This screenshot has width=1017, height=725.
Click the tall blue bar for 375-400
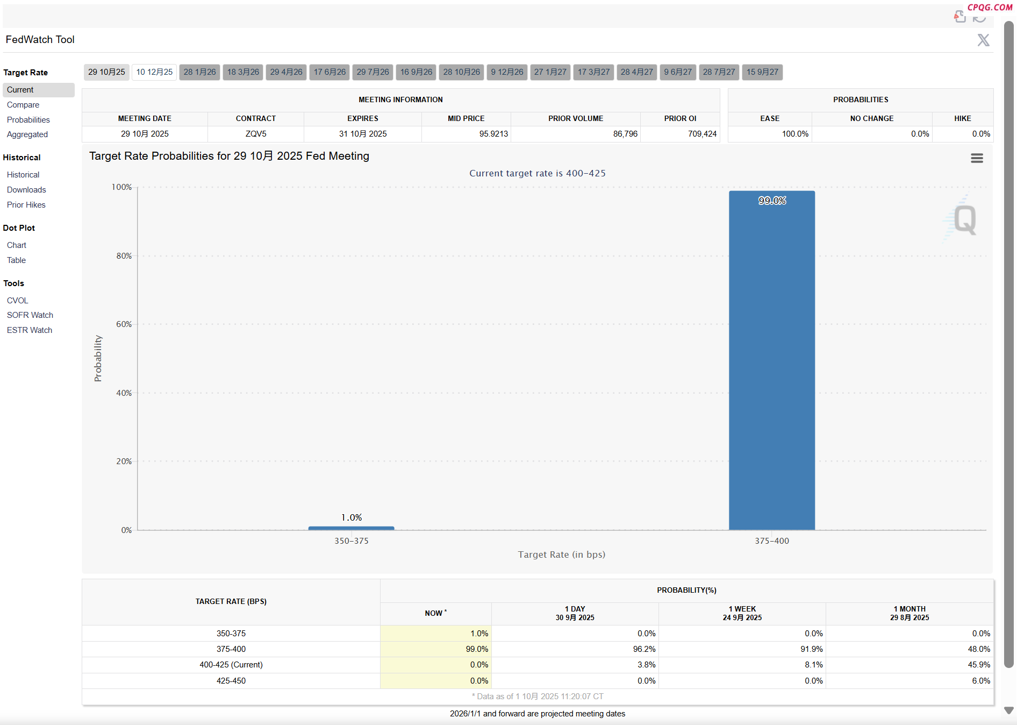tap(771, 360)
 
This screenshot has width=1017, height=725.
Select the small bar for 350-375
tap(351, 528)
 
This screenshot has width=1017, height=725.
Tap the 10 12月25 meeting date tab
tap(154, 72)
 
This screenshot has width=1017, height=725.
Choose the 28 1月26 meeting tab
tap(199, 72)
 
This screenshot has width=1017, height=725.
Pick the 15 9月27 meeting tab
tap(762, 72)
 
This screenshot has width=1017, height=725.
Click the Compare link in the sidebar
tap(23, 105)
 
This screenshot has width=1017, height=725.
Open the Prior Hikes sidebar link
tap(26, 205)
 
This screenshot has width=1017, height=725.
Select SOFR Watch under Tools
tap(30, 315)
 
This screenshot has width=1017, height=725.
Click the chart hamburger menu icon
tap(977, 158)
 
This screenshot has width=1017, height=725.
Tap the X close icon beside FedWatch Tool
tap(983, 40)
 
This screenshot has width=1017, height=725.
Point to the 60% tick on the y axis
tap(124, 324)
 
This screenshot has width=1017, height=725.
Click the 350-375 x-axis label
tap(352, 541)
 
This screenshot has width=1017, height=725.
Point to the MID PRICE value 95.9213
tap(493, 134)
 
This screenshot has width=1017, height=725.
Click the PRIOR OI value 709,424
tap(702, 134)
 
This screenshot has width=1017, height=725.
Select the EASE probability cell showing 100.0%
tap(795, 134)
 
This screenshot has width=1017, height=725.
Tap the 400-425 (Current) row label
tap(231, 665)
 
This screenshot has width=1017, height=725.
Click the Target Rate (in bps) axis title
tap(561, 555)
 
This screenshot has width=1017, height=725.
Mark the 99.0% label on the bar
tap(772, 201)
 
